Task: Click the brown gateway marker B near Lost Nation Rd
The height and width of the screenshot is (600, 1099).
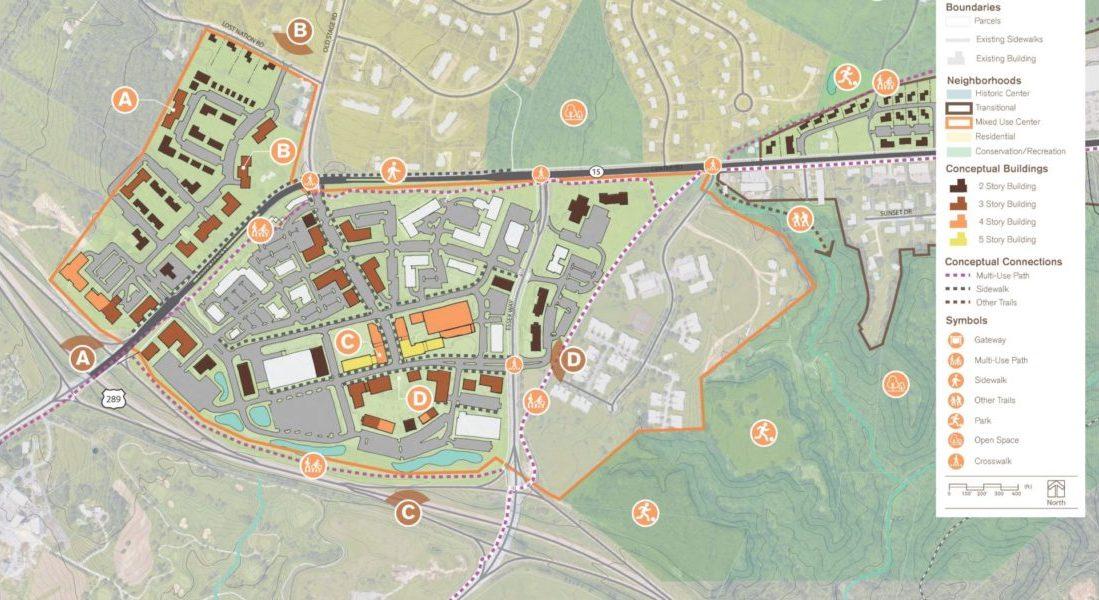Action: click(x=299, y=31)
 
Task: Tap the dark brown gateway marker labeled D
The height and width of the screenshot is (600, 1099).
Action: click(x=573, y=358)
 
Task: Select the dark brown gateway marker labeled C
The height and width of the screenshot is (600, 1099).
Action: click(x=407, y=513)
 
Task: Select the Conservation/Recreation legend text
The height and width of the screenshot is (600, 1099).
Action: click(x=1020, y=151)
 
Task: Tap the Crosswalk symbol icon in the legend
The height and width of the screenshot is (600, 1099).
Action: click(x=958, y=461)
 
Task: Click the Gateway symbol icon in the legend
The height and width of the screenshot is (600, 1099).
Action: click(x=958, y=340)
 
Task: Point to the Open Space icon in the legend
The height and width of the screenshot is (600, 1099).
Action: click(x=958, y=441)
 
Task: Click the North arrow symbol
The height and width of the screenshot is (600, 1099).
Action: click(x=1056, y=491)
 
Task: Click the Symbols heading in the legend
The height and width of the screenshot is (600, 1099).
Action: click(x=966, y=321)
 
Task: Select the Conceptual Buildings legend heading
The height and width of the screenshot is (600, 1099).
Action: click(x=997, y=168)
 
